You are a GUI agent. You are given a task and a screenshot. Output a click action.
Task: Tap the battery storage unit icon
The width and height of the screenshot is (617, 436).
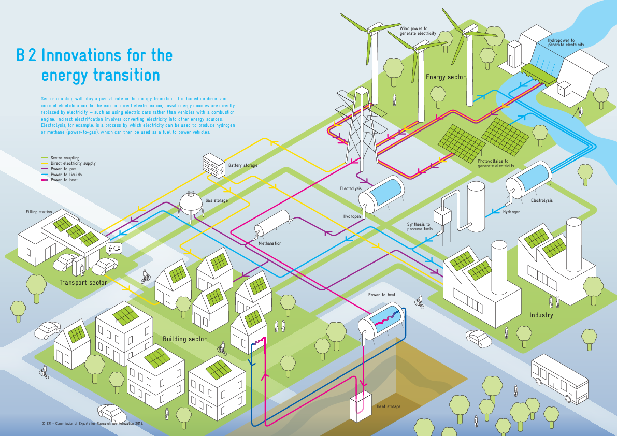(214, 165)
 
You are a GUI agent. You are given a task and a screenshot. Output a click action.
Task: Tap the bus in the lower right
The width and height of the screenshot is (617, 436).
(560, 379)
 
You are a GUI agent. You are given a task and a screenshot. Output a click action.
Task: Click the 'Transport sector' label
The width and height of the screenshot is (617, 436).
(83, 282)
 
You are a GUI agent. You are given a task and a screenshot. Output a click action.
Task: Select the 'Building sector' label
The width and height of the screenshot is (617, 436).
(184, 339)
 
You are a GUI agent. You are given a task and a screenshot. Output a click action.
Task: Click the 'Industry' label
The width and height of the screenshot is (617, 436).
(541, 315)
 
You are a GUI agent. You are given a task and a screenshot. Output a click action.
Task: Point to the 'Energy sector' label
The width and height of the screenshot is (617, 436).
(446, 77)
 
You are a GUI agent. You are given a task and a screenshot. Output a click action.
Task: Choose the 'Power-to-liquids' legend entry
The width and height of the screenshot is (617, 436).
(66, 175)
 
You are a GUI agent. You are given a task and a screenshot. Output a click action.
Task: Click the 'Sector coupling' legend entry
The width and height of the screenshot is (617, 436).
(65, 157)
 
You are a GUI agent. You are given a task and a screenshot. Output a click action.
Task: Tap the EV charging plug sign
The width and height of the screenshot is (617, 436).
(114, 249)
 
